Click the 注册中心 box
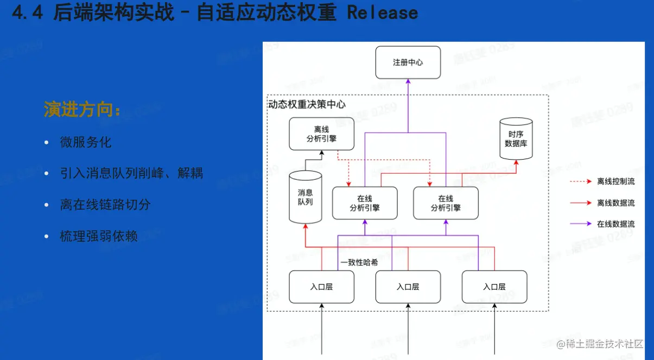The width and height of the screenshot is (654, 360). pos(408,62)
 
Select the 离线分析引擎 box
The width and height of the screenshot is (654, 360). pos(321,134)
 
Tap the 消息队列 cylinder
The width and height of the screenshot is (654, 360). pos(305,197)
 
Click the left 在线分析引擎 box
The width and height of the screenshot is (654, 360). pos(365,203)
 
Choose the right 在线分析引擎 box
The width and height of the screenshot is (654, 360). pos(446,203)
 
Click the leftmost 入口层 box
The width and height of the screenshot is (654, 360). pos(321,287)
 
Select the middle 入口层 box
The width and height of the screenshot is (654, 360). pos(408,287)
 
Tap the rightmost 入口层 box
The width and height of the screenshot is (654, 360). pos(494,287)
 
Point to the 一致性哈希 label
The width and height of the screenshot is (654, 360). pos(359,262)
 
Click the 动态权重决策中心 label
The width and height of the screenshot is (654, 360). pos(307,104)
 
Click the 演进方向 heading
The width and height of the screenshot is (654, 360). pos(82,110)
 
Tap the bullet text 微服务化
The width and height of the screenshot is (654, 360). pos(86,142)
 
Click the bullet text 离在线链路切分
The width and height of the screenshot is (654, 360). pos(105,205)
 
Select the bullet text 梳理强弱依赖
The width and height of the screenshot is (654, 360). pos(99,236)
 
